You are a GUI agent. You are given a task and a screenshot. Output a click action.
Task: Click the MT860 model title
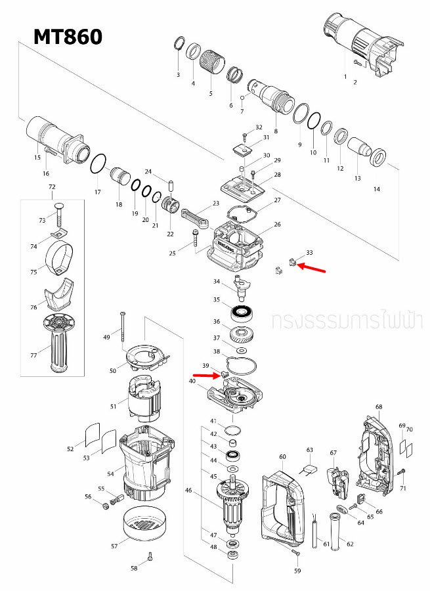click(x=68, y=36)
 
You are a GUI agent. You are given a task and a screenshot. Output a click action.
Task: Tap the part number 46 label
click(x=188, y=490)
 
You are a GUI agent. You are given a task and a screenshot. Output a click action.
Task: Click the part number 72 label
click(x=52, y=188)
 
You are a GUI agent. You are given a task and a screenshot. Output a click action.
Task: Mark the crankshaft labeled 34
click(x=242, y=286)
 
